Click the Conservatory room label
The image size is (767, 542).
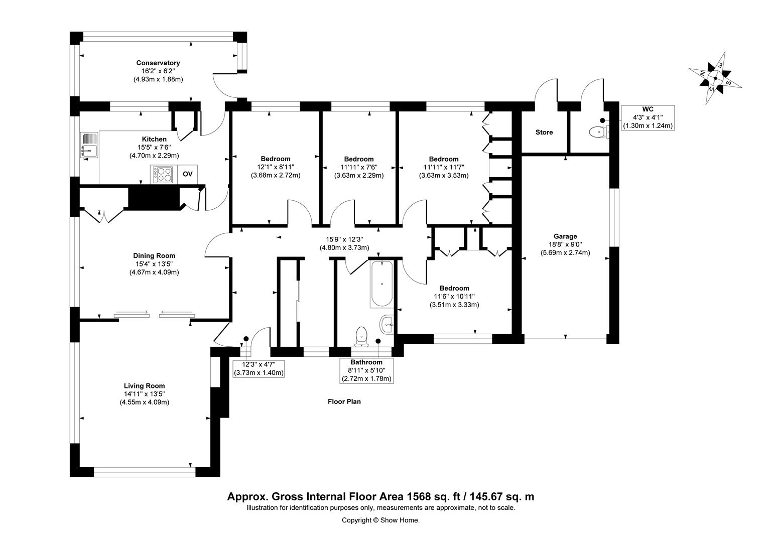pos(158,63)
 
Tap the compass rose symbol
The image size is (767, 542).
pos(715,78)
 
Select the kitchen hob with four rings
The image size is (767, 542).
pos(163,174)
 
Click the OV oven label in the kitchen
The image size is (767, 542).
pos(187,174)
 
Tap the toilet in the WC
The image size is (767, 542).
pos(598,131)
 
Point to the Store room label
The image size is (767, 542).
pos(544,132)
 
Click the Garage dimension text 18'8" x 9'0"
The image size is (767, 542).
pos(565,244)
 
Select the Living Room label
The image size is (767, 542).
pos(144,386)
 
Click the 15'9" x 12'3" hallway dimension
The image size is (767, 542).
pos(344,239)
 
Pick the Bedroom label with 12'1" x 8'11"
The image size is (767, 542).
pos(275,159)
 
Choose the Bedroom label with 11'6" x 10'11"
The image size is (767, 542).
pos(454,288)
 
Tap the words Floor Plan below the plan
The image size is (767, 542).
pos(344,401)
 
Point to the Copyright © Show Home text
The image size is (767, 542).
pos(380,520)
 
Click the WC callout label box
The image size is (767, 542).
pos(648,117)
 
